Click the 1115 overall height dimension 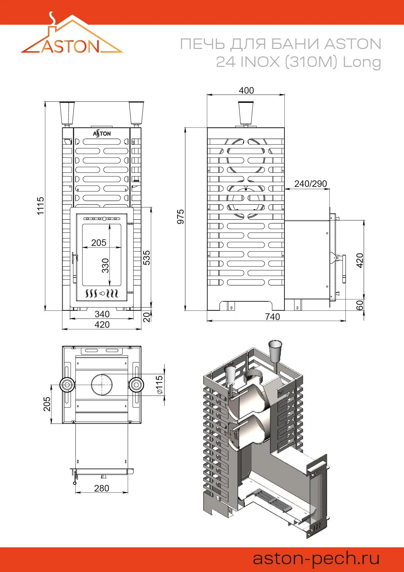pos(40,206)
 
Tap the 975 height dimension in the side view pos(180,217)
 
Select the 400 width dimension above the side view pos(246,90)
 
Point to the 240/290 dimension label pos(310,184)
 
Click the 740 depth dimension pos(272,317)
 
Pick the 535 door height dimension pos(147,258)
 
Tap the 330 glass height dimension pos(105,265)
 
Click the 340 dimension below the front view pos(102,314)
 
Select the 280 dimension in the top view pos(102,488)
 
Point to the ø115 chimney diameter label pos(159,384)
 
